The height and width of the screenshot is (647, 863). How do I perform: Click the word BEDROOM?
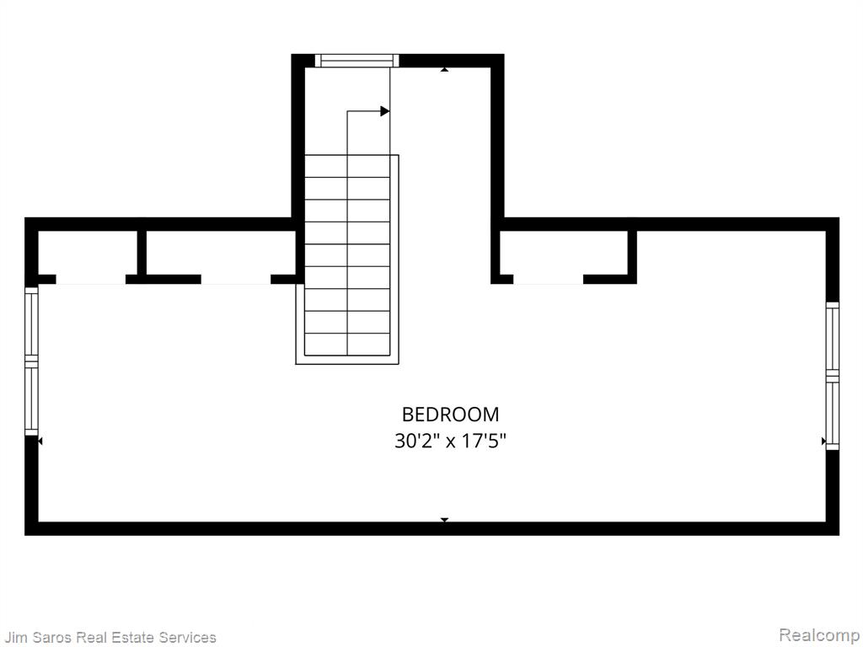[x=450, y=414]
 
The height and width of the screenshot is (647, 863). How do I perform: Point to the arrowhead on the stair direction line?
[x=384, y=111]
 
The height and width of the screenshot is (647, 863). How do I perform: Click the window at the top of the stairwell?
[x=356, y=61]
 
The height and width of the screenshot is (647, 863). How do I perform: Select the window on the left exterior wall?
[x=31, y=361]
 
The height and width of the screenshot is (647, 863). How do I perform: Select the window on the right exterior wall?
[x=832, y=376]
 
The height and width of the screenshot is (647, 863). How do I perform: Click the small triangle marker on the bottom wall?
[x=444, y=519]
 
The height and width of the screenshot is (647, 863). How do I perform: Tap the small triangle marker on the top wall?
[x=444, y=69]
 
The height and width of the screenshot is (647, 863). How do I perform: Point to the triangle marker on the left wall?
[x=40, y=441]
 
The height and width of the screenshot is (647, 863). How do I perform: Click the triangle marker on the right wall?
[x=823, y=441]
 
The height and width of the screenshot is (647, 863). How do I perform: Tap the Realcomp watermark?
[x=820, y=635]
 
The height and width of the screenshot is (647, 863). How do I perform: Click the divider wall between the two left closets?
[x=142, y=252]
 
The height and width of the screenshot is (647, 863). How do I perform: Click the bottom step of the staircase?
[x=347, y=345]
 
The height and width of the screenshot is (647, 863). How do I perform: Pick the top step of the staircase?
[x=347, y=166]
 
